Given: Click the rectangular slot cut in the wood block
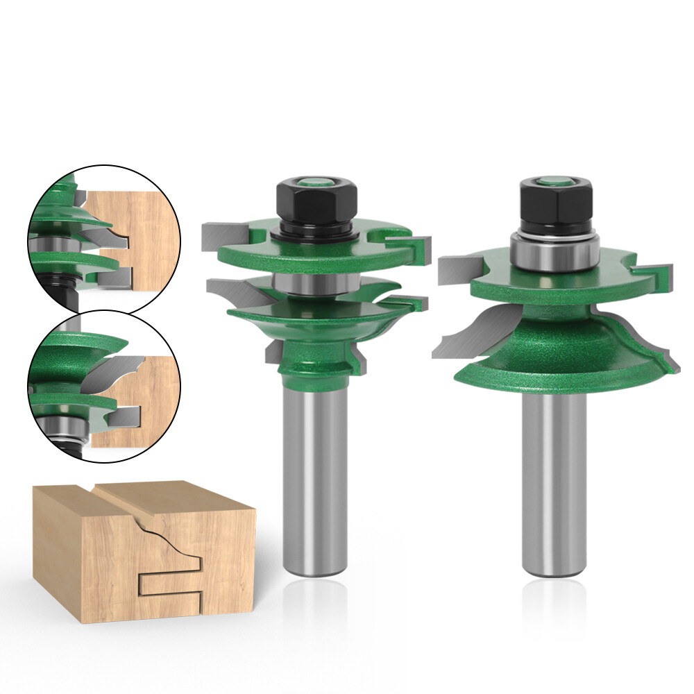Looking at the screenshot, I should [x=170, y=583].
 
